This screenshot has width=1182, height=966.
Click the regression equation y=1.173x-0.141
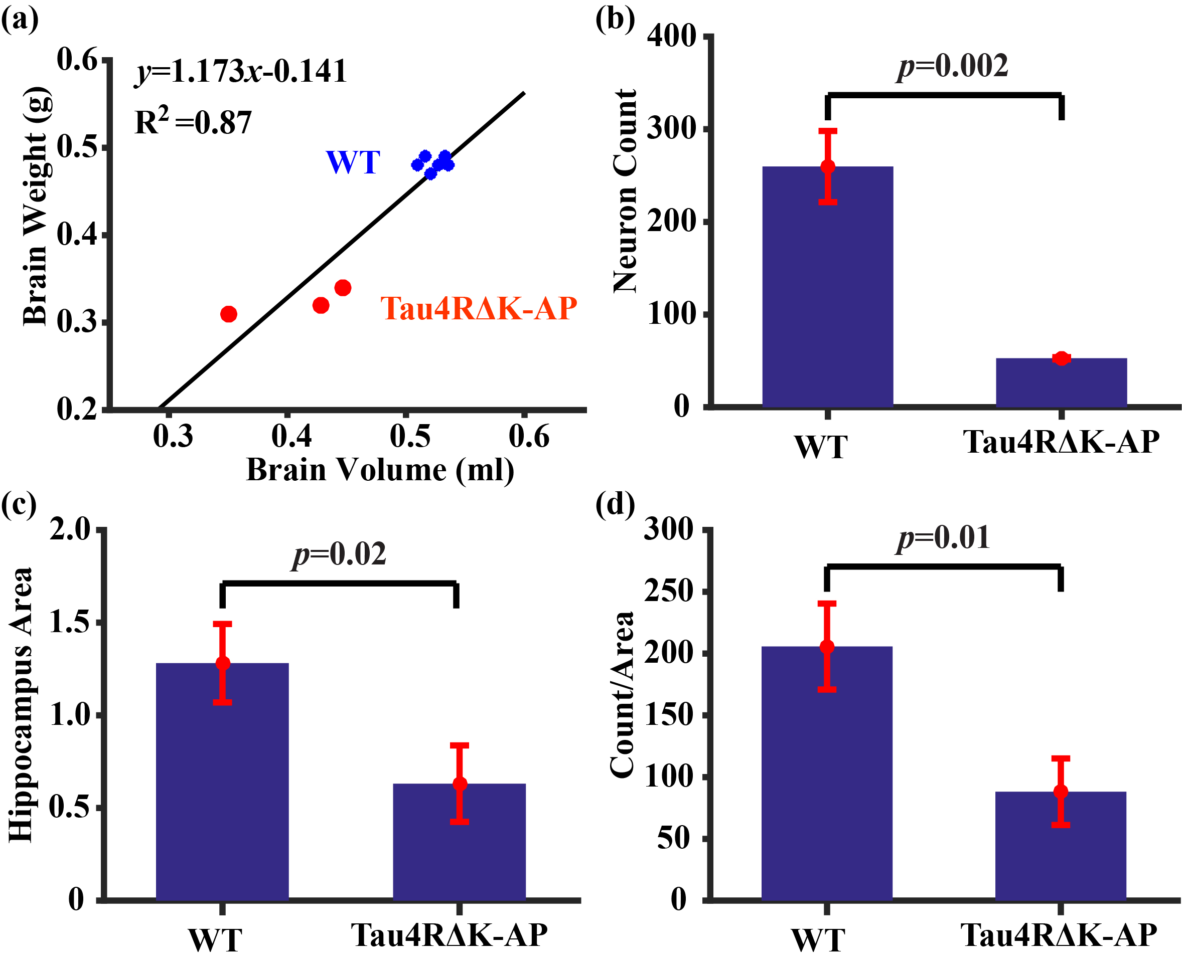tap(241, 72)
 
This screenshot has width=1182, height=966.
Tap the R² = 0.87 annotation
tap(193, 122)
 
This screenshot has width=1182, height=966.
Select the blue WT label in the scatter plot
tap(353, 162)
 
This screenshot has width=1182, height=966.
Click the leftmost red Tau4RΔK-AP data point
tap(228, 314)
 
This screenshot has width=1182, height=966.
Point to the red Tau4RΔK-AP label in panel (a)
tap(478, 308)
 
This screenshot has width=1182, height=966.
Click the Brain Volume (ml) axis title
tap(380, 470)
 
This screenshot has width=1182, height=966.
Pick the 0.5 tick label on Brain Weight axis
tap(77, 147)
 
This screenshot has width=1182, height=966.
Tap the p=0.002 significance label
tap(953, 66)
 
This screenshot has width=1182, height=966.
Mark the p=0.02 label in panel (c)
tap(340, 555)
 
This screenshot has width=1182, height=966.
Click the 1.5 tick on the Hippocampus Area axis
tap(70, 622)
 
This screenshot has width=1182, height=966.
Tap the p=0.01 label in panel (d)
tap(944, 538)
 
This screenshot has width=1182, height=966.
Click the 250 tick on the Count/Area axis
tap(669, 591)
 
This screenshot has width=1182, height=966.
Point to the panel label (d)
tap(615, 505)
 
